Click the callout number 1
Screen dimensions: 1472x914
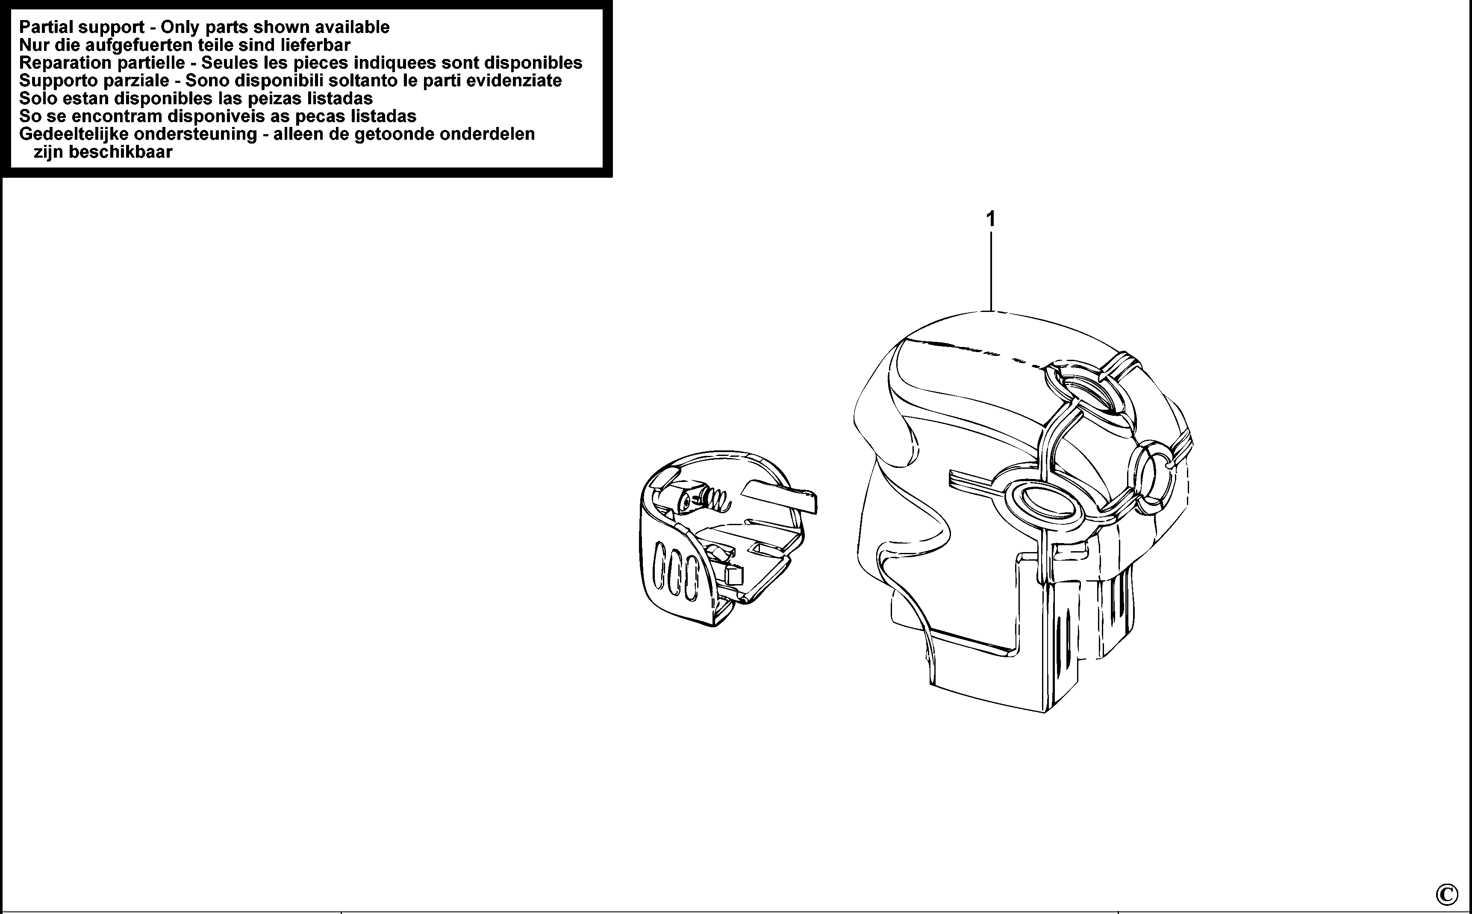990,219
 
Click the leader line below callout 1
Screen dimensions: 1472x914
990,272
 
